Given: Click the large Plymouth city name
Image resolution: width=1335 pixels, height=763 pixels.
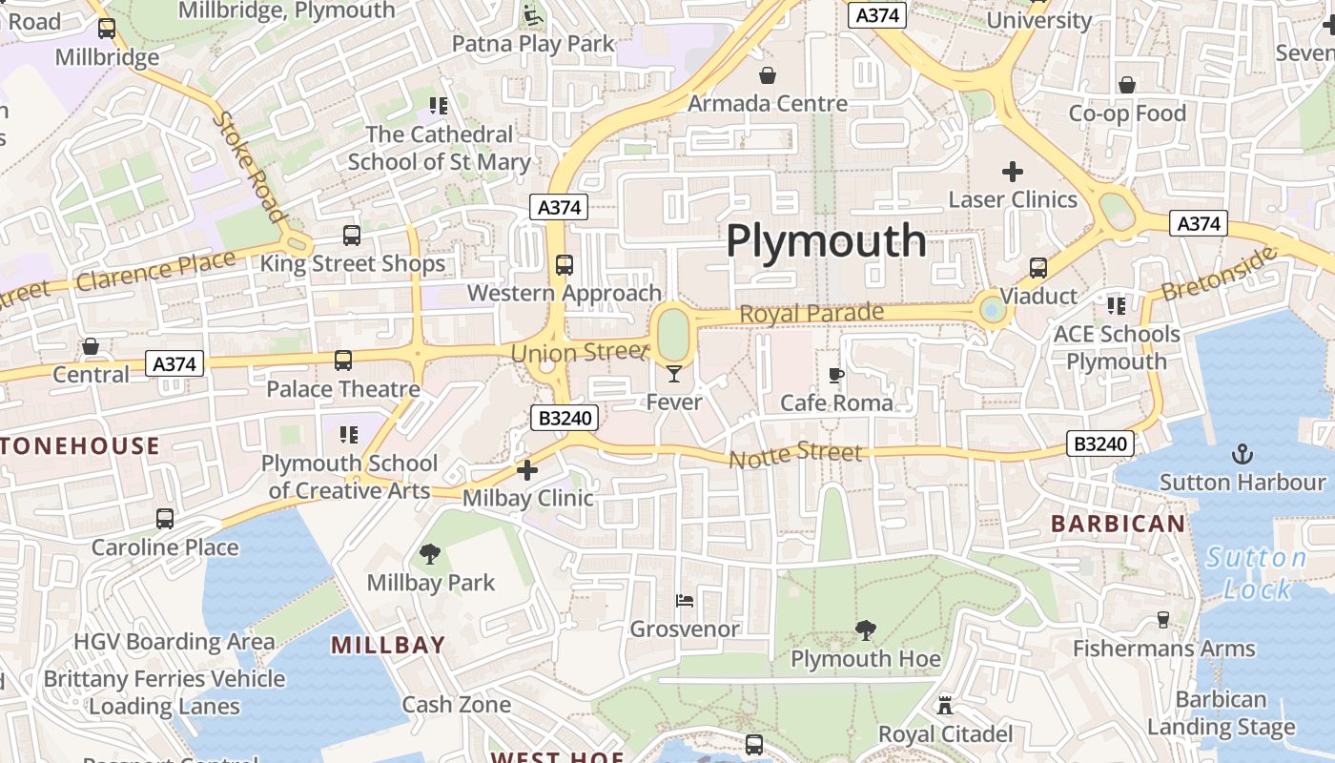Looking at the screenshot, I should pos(826,240).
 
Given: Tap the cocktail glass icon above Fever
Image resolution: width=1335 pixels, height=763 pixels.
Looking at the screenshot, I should pos(674,373).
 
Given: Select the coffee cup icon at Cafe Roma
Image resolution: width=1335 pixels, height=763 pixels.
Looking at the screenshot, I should pos(836,375).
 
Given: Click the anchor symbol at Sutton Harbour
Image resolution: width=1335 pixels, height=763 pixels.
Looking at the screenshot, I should pos(1242,454).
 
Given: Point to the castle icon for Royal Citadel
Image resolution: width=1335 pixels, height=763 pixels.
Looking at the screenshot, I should pos(945,706).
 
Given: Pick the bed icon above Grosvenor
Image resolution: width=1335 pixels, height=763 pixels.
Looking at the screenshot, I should pos(685,601).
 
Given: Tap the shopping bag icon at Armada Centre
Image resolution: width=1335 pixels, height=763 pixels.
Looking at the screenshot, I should pos(768,75).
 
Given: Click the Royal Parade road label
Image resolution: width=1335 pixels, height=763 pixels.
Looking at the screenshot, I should pos(811,313).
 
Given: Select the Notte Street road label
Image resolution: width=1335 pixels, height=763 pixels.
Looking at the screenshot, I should pos(795,455).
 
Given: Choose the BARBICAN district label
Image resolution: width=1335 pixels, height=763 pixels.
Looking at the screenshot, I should pos(1118,523).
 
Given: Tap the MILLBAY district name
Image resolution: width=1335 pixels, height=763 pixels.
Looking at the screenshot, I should pos(388,645).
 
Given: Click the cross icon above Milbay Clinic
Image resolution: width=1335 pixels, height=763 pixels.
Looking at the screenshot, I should pos(526,469).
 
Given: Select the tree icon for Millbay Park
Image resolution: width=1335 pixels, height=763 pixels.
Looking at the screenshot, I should pos(430,553).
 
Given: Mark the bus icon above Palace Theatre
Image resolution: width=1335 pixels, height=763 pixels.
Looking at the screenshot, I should pos(343,361).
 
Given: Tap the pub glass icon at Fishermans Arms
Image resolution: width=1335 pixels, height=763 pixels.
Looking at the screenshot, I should pos(1162,620).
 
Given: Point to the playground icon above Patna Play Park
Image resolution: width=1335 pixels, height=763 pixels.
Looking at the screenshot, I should pos(532,16).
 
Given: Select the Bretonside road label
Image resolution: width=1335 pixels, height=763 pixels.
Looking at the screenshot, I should pos(1220,273).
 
